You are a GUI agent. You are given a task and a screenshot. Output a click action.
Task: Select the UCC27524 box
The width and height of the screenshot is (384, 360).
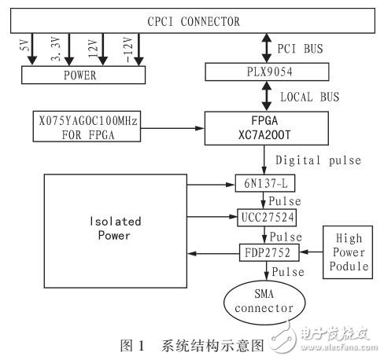256,215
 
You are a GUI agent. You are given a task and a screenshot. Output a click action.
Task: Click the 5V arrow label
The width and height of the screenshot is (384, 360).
23,46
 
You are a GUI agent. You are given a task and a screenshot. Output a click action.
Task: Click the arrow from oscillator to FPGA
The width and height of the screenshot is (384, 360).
173,127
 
